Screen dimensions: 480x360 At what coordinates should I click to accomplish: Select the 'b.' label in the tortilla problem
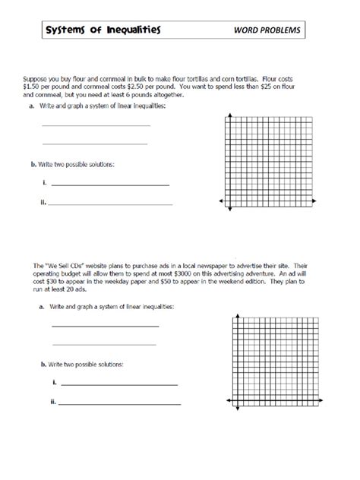[34, 164]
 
